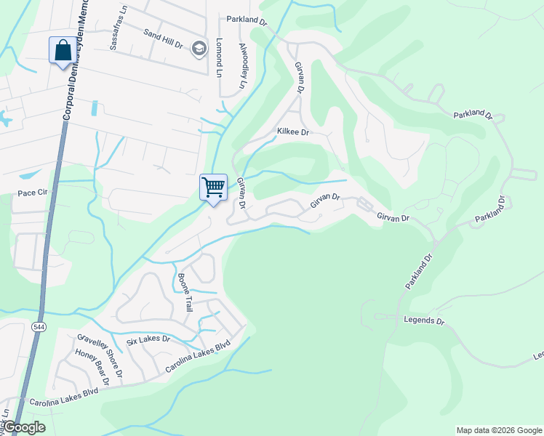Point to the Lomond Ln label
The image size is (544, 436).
(x=218, y=57)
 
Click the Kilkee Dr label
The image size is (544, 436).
(x=293, y=132)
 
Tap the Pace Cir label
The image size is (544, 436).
(x=32, y=193)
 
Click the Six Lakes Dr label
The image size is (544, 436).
(x=148, y=339)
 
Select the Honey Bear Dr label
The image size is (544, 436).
(x=92, y=368)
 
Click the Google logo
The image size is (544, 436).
(x=23, y=427)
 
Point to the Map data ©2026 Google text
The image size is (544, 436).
(x=499, y=430)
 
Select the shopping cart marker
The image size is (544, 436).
(x=214, y=187)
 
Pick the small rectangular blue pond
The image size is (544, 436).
(x=95, y=109)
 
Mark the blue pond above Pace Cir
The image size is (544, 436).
(x=31, y=174)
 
